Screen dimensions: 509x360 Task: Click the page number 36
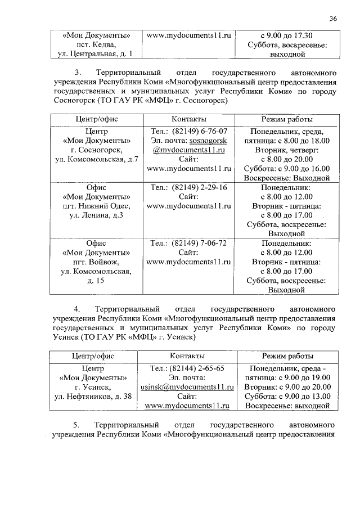pyautogui.click(x=333, y=19)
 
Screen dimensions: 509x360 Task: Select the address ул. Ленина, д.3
pyautogui.click(x=96, y=215)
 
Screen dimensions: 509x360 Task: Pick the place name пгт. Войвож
pyautogui.click(x=96, y=262)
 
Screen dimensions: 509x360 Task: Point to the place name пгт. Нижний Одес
pyautogui.click(x=96, y=206)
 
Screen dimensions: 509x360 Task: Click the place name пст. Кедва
pyautogui.click(x=96, y=44)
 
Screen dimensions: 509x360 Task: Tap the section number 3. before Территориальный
pyautogui.click(x=78, y=73)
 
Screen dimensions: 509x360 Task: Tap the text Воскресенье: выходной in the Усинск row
pyautogui.click(x=287, y=405)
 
